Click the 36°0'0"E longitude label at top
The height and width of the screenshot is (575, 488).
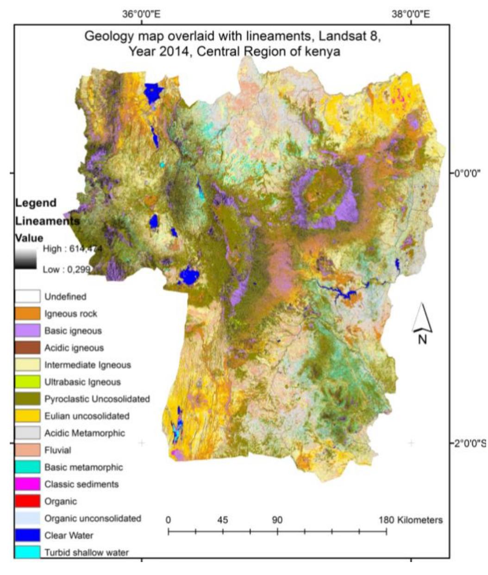pyautogui.click(x=141, y=14)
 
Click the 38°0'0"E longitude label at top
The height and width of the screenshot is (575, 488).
pyautogui.click(x=410, y=14)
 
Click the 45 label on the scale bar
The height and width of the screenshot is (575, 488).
pyautogui.click(x=223, y=519)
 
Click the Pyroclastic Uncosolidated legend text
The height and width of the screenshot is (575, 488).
pyautogui.click(x=97, y=399)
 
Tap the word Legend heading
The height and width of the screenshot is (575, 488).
pyautogui.click(x=36, y=203)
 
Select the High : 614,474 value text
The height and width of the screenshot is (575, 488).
pyautogui.click(x=72, y=249)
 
